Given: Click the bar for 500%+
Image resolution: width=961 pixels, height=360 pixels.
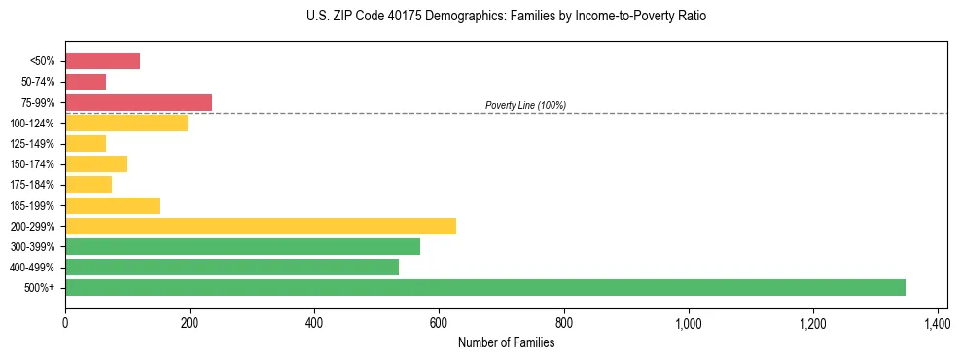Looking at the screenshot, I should pyautogui.click(x=485, y=287).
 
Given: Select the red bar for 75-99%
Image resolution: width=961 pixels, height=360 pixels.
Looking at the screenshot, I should pyautogui.click(x=138, y=102).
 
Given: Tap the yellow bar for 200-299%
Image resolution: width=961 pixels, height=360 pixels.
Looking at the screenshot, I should pyautogui.click(x=261, y=226).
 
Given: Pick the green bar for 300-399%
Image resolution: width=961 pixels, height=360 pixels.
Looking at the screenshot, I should pyautogui.click(x=242, y=246).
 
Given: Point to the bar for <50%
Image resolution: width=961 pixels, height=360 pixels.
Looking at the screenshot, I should pyautogui.click(x=102, y=61).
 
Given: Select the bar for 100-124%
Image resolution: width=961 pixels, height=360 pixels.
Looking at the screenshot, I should pyautogui.click(x=126, y=123).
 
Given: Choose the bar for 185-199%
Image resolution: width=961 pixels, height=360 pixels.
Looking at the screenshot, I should pyautogui.click(x=112, y=205).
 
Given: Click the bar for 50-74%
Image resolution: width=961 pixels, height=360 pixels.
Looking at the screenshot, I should pyautogui.click(x=86, y=82).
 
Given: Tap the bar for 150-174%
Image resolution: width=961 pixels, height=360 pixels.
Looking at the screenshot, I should pyautogui.click(x=96, y=163).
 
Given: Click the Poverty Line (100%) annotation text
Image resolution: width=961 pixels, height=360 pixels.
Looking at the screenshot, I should pyautogui.click(x=525, y=105).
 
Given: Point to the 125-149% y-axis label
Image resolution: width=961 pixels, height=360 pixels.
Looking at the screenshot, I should pyautogui.click(x=34, y=144).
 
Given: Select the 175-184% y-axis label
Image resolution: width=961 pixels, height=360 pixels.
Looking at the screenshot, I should pyautogui.click(x=34, y=185).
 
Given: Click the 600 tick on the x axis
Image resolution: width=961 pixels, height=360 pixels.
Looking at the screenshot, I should pyautogui.click(x=439, y=322).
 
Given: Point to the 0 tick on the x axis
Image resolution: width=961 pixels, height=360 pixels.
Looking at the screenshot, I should pyautogui.click(x=65, y=322).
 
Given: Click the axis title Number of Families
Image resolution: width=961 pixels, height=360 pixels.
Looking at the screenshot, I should pyautogui.click(x=506, y=342).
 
